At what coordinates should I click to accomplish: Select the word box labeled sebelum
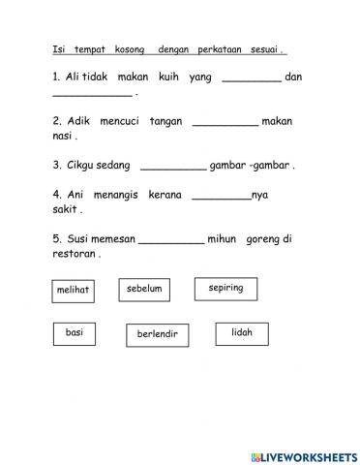coord(144,289)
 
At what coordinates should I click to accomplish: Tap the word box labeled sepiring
coord(225,289)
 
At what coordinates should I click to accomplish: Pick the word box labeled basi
coord(75,333)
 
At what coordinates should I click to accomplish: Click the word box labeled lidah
coord(242,333)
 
